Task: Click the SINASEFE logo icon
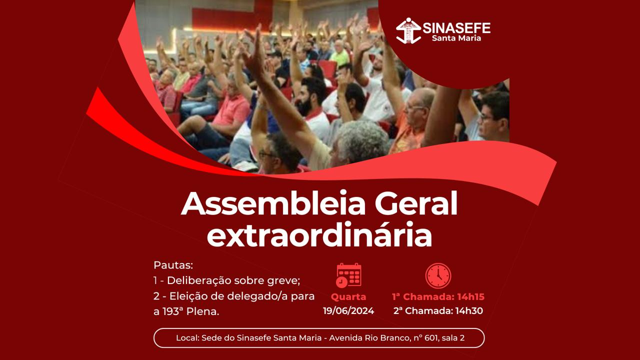408,31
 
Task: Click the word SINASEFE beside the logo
456,28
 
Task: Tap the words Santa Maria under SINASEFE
456,38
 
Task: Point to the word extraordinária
319,234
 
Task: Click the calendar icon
348,275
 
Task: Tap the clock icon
438,275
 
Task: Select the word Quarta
348,297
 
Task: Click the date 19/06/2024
348,310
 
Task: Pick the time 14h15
471,297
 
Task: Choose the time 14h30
469,310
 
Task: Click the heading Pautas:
173,265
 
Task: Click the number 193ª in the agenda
173,311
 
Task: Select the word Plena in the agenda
202,311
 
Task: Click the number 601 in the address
431,338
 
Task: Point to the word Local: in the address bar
187,338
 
